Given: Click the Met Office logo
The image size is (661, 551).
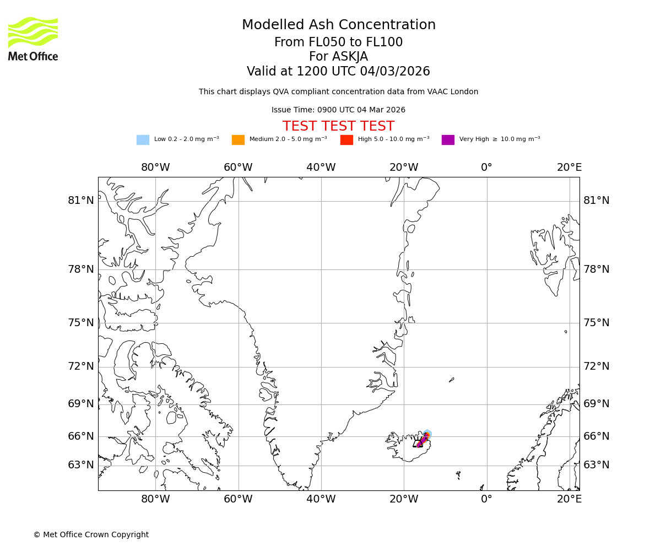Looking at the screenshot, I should pos(33,39).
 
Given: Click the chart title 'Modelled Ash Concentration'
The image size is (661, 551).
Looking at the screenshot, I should pos(338,25).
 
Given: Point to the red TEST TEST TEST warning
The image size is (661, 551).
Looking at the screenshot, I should pos(338,127).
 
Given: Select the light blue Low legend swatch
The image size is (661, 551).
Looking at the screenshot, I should pos(143,140).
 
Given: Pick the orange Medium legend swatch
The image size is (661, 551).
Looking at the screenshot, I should pos(238,140).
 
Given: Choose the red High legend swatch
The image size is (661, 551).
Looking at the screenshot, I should pos(346,140).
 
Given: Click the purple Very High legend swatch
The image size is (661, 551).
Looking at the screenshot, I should pos(448,140).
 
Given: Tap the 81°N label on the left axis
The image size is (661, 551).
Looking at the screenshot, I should pos(81,201).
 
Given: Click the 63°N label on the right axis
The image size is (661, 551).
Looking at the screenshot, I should pos(597,465).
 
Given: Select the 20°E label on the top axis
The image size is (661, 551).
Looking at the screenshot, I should pos(569,168).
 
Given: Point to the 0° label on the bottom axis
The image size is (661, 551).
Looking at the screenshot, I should pos(486,499).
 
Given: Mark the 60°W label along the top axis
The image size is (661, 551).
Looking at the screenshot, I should pos(238,168).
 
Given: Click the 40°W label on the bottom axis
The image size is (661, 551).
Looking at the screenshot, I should pos(321,499).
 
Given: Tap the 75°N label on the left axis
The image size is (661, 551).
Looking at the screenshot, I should pos(81,323).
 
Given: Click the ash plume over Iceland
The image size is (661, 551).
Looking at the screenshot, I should pos(423,439).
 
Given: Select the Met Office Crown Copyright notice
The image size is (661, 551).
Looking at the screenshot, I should pos(91,535).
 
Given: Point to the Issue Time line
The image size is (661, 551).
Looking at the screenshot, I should pos(338,110).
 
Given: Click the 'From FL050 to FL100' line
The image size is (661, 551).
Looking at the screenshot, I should pos(338,42).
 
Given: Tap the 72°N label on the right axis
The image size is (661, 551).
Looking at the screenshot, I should pos(597,366).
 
